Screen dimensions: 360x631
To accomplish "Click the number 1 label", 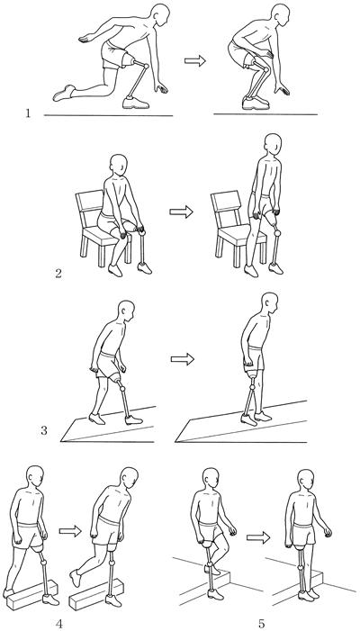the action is click(28, 113).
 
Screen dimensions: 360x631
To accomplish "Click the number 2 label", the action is click(58, 274).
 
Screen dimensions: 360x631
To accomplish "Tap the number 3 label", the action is click(44, 430).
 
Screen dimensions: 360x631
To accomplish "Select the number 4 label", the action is click(59, 624).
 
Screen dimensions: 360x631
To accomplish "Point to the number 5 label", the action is click(262, 624).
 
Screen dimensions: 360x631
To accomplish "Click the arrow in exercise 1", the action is click(195, 61).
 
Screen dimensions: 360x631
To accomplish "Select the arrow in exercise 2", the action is click(181, 212).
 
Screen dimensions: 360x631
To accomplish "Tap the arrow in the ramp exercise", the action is click(182, 359).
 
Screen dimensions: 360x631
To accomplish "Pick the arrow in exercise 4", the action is click(70, 531).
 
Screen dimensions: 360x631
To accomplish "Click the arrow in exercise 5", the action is click(257, 537).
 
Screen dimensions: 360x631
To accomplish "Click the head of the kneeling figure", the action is click(160, 15).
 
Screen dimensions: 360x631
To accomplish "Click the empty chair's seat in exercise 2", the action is click(240, 234).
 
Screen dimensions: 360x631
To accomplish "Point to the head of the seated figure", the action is click(119, 165).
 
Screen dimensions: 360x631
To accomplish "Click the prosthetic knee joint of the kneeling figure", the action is click(146, 66).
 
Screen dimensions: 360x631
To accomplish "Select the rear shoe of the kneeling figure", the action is click(64, 93).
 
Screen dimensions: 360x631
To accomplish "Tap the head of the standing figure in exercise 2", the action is click(273, 144).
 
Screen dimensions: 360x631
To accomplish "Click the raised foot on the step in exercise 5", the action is click(212, 570).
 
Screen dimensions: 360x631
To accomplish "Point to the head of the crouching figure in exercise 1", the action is click(280, 15).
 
